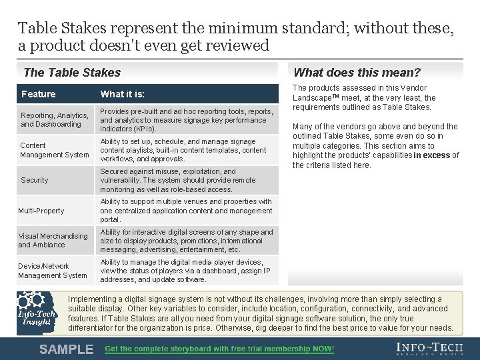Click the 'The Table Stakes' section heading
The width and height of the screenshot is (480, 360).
pyautogui.click(x=72, y=73)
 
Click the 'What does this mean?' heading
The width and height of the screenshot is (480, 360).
pyautogui.click(x=357, y=73)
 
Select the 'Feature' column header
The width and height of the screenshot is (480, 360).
pyautogui.click(x=38, y=94)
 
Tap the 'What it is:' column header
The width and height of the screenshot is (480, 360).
pyautogui.click(x=122, y=94)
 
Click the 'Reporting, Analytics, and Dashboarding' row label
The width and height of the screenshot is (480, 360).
pyautogui.click(x=55, y=120)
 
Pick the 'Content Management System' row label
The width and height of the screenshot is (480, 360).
pyautogui.click(x=54, y=150)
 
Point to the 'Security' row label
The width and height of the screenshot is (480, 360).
pyautogui.click(x=35, y=180)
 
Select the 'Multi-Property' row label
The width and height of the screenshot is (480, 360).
pyautogui.click(x=41, y=211)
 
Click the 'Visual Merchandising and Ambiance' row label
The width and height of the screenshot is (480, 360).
pyautogui.click(x=53, y=241)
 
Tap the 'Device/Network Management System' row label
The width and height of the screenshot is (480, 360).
pyautogui.click(x=53, y=271)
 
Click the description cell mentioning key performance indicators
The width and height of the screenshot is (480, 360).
pyautogui.click(x=187, y=120)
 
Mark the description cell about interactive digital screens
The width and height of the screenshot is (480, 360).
pyautogui.click(x=187, y=241)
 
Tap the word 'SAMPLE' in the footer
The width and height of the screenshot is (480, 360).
pyautogui.click(x=66, y=349)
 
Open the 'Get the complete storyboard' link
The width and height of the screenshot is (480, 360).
pyautogui.click(x=219, y=349)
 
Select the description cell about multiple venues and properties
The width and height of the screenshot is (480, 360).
pyautogui.click(x=187, y=211)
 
